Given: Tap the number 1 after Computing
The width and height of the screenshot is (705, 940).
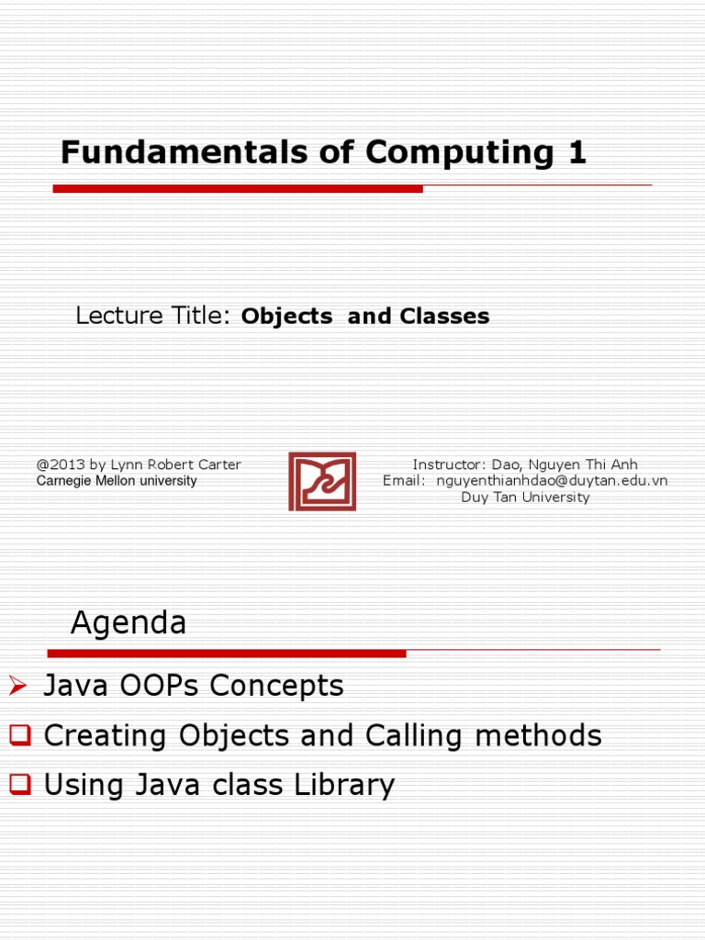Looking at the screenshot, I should (576, 152).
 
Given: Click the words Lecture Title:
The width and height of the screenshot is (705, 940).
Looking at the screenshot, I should (152, 317).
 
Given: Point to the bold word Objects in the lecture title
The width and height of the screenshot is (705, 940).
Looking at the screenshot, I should (286, 317).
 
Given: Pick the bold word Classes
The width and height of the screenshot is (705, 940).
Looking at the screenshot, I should (444, 317).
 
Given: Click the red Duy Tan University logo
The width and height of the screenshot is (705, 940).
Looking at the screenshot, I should (322, 481).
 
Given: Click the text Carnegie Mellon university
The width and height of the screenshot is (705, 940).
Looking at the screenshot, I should (117, 481).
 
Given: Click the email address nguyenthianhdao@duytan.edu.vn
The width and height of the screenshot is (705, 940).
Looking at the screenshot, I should (552, 481).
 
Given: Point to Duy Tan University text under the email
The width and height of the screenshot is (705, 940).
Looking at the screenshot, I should (525, 498).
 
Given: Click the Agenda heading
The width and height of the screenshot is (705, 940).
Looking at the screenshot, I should (129, 624).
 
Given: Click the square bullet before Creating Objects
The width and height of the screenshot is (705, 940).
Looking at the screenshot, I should (19, 734).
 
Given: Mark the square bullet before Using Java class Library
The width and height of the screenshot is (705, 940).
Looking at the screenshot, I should (19, 784).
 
